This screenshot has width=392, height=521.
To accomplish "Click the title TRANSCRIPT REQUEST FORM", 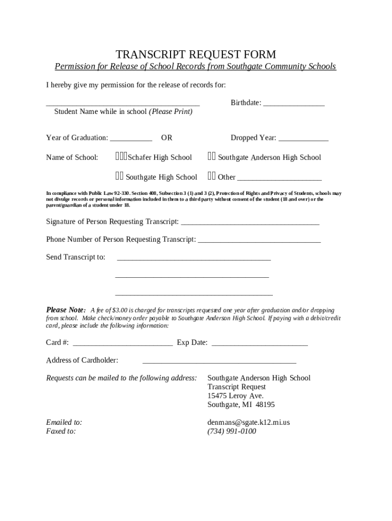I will pyautogui.click(x=195, y=54).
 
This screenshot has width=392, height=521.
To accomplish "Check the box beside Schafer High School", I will pyautogui.click(x=121, y=157).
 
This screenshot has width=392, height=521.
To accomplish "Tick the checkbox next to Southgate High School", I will pyautogui.click(x=119, y=177).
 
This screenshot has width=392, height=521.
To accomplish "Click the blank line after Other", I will pyautogui.click(x=279, y=179).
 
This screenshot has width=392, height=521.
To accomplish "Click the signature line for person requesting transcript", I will pyautogui.click(x=250, y=223).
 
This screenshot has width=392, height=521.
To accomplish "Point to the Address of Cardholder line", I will pyautogui.click(x=219, y=362).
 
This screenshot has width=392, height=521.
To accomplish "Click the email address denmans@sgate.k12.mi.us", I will pyautogui.click(x=248, y=422).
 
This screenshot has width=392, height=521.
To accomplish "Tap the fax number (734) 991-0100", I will pyautogui.click(x=232, y=431).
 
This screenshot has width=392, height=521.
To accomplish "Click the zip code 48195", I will pyautogui.click(x=265, y=405).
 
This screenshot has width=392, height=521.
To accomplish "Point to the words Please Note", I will pyautogui.click(x=66, y=310).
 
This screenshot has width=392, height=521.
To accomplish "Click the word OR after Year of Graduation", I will pyautogui.click(x=166, y=138).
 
